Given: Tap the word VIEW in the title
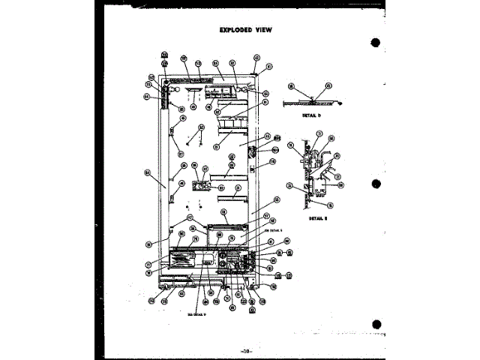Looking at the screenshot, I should tap(262, 30).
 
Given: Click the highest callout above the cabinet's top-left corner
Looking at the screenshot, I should tap(165, 55).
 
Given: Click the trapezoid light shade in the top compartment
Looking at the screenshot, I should tap(194, 92).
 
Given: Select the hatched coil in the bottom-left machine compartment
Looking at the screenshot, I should tap(181, 259).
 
